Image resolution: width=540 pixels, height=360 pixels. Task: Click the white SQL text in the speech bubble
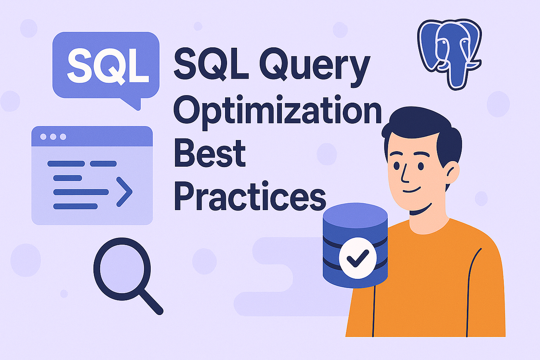[108, 65]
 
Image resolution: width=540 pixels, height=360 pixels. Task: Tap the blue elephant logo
[449, 54]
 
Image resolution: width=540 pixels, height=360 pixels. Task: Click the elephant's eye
[443, 43]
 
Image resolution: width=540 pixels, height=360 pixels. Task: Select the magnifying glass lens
[122, 269]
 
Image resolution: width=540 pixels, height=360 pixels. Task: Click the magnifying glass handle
[151, 302]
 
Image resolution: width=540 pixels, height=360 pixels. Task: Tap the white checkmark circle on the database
[358, 258]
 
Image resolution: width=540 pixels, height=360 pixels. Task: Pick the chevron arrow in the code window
[124, 192]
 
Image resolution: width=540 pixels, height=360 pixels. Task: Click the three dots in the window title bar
[53, 137]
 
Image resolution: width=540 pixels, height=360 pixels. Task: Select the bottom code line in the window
[76, 206]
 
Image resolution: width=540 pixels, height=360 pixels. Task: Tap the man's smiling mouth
[412, 190]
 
